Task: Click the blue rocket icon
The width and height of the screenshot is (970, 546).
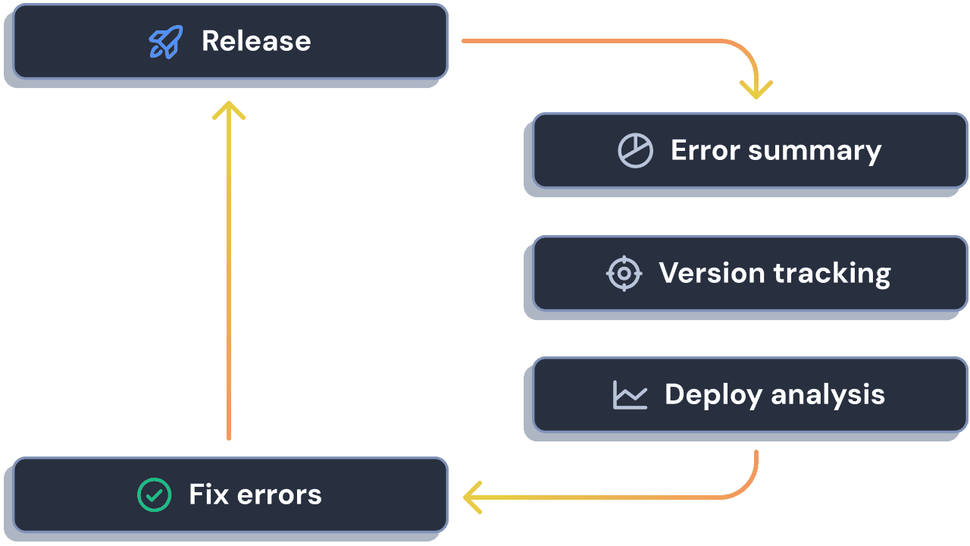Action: coord(165,42)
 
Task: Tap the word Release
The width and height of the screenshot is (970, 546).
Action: coord(256,41)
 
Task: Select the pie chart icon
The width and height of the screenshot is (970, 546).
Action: coord(635,150)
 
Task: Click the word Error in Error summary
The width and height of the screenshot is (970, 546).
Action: coord(705,150)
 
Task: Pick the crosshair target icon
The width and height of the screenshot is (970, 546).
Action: coord(624,273)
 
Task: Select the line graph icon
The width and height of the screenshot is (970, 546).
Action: coord(630,395)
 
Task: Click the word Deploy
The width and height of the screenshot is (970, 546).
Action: coord(713,395)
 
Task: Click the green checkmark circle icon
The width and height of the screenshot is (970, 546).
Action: coord(154,494)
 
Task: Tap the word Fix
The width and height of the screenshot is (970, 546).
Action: coord(208,494)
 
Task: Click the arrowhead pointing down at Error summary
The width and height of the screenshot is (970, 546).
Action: coord(756,92)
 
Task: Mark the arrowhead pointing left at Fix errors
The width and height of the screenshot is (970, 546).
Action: coord(471,497)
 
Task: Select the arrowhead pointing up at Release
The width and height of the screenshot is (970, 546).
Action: coord(229,110)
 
